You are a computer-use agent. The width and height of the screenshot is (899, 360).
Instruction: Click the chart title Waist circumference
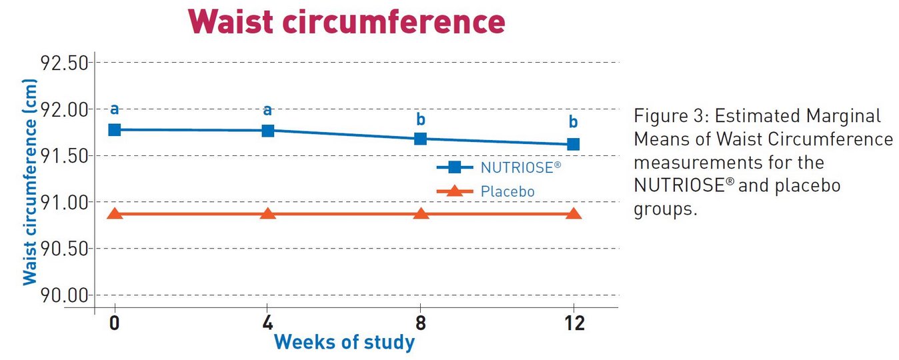coord(346,22)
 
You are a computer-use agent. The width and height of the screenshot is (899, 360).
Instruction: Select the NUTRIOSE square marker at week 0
coord(115,129)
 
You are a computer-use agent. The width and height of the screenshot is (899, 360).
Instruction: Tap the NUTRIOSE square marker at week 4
coord(268,130)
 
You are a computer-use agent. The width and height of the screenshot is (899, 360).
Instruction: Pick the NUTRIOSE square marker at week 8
coord(421,139)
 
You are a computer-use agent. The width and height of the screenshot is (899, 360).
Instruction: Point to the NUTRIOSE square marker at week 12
coord(574,144)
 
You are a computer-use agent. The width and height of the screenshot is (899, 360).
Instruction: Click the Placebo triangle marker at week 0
coord(115,214)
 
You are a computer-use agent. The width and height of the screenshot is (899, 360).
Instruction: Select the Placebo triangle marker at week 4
coord(268,214)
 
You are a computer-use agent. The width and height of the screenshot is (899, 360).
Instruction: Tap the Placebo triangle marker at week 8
coord(421,214)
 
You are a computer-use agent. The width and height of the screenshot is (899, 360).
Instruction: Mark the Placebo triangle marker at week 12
coord(574,214)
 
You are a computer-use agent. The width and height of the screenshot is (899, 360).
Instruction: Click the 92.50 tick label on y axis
coord(65,63)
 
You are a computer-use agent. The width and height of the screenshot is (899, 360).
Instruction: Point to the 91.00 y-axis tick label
coord(65,202)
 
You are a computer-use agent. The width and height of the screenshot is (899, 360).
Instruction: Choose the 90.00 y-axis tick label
coord(65,295)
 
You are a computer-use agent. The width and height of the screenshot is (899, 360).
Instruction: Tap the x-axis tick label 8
coord(421,323)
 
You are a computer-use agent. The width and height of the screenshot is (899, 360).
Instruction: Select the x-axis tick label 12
coord(574,323)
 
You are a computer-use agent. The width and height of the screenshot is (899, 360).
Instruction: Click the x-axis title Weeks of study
coord(344,343)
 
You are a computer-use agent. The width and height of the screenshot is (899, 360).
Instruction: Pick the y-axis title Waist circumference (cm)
coord(30,181)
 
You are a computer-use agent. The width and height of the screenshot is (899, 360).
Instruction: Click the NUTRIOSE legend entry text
coord(516,168)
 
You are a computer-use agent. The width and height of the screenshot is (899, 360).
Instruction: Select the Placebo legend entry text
coord(508,192)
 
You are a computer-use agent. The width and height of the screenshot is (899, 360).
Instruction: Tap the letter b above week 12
coord(574,123)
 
